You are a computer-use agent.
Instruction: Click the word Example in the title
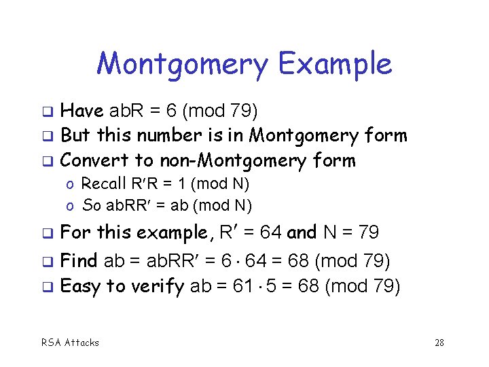335,65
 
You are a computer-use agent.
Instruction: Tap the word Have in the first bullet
82,111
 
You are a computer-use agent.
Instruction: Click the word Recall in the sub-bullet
104,183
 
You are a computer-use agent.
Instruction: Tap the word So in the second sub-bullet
90,205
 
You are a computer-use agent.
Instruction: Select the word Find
79,260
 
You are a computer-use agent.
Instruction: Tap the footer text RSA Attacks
70,343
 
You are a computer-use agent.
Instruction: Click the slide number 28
439,343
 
